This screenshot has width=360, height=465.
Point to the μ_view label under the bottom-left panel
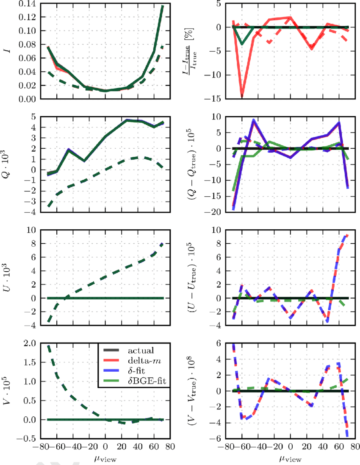105,459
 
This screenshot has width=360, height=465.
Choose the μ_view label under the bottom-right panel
290,459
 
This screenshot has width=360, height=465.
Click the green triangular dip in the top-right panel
242,44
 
